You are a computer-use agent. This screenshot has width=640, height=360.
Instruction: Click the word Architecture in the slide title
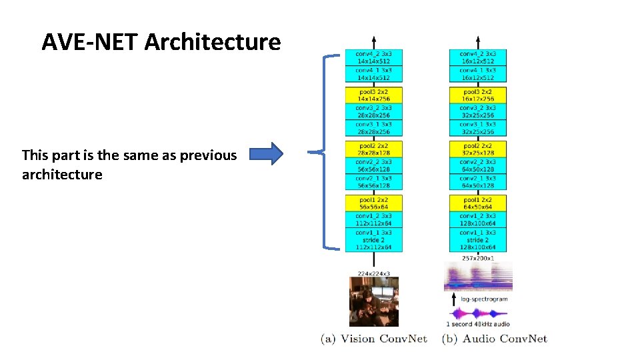(213, 43)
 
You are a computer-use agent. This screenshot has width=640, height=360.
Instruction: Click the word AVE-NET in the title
(91, 43)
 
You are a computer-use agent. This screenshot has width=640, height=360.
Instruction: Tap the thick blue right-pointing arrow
(269, 155)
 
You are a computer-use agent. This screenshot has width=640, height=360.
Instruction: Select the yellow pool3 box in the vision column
(373, 95)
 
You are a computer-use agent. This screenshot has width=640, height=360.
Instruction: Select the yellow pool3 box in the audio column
(477, 95)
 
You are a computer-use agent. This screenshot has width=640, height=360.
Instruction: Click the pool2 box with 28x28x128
(373, 149)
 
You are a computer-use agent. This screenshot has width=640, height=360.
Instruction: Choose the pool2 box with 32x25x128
(477, 149)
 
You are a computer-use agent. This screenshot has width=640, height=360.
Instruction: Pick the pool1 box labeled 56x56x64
(373, 203)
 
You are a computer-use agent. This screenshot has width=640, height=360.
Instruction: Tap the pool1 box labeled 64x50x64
(477, 203)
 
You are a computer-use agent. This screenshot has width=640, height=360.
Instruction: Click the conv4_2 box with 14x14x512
(373, 57)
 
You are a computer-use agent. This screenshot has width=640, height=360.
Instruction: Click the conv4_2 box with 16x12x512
(477, 57)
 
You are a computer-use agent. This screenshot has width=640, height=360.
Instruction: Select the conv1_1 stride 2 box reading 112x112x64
(373, 240)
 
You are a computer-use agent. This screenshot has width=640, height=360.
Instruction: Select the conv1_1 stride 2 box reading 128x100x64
(477, 240)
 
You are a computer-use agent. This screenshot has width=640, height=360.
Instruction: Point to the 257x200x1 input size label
(478, 257)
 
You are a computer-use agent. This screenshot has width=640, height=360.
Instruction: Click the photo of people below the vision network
(374, 301)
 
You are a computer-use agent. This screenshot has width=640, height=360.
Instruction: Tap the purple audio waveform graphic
(477, 313)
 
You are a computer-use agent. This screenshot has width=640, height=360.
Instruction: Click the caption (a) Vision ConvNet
(374, 339)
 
